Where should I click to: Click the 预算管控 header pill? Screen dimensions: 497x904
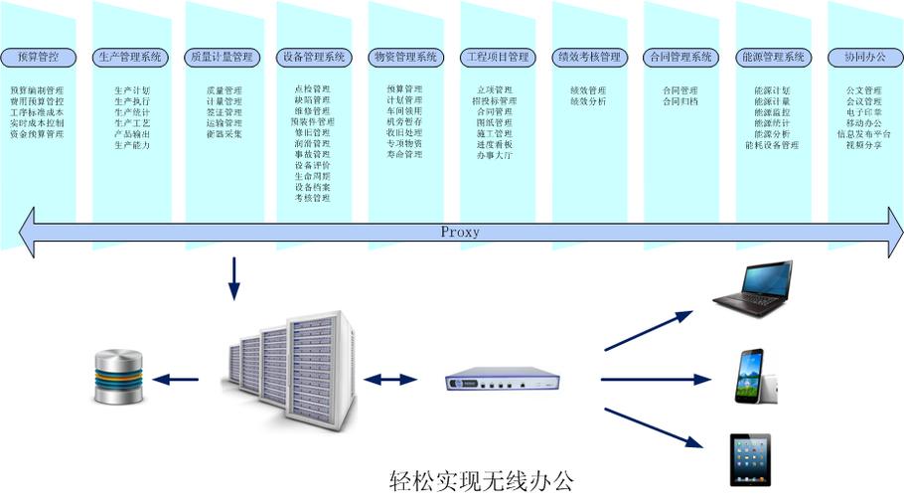click(37, 57)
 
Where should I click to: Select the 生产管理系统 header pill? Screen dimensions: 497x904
click(130, 57)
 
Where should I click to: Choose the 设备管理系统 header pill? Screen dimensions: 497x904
click(314, 57)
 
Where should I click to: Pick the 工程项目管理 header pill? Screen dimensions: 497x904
click(498, 57)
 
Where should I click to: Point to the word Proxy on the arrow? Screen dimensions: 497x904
click(460, 232)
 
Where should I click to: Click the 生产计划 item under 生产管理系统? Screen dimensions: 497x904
click(131, 90)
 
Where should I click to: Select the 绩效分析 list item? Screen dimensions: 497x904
click(588, 101)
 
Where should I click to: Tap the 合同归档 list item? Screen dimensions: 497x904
click(680, 101)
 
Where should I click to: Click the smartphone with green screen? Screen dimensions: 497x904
click(751, 377)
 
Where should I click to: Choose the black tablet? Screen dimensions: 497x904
click(752, 458)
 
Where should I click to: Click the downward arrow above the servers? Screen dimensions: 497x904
click(234, 279)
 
